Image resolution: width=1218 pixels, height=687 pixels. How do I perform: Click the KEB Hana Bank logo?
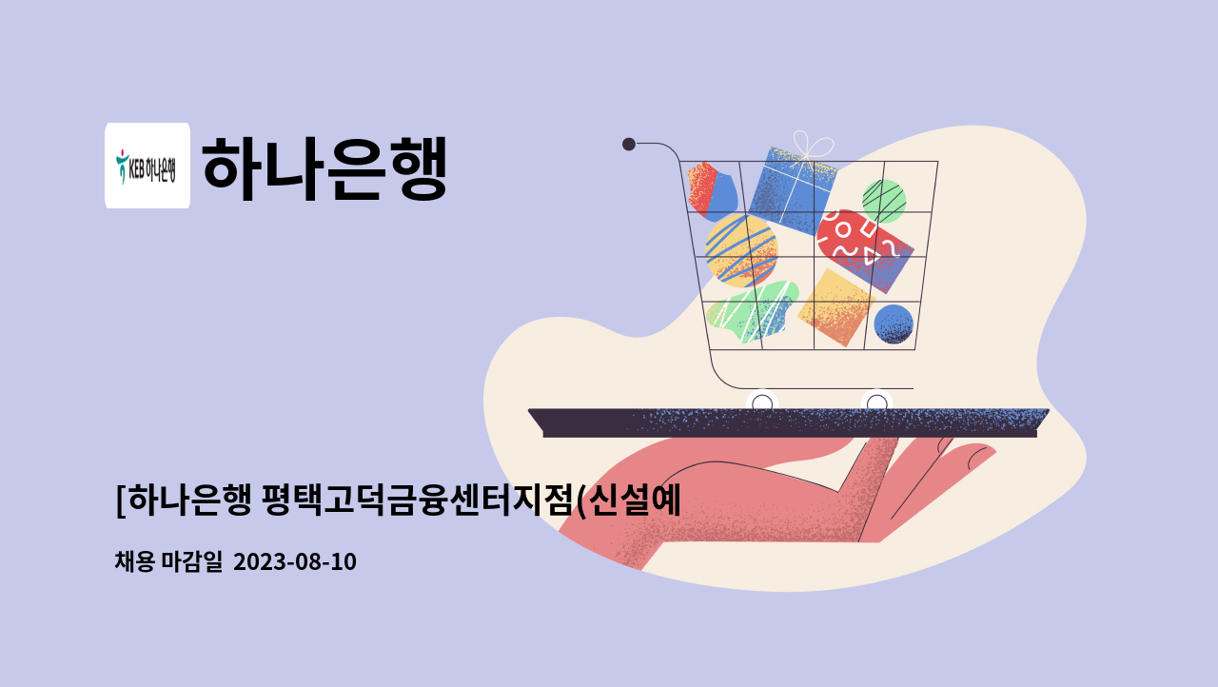(x=147, y=166)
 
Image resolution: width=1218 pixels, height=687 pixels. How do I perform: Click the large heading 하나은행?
(x=324, y=167)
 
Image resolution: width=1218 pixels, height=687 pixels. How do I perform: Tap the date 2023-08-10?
(x=294, y=562)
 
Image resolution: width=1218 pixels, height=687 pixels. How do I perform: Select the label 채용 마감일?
(x=167, y=562)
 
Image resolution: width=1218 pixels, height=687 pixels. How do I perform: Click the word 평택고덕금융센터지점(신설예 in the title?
(x=470, y=500)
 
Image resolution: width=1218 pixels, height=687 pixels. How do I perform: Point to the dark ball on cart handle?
(x=629, y=144)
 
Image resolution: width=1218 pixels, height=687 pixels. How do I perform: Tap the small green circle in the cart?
(x=883, y=200)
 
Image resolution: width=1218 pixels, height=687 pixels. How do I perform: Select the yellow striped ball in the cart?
(x=741, y=249)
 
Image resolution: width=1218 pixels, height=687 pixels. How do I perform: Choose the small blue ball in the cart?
(x=894, y=324)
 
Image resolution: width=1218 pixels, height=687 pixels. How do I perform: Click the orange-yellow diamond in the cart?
(x=835, y=306)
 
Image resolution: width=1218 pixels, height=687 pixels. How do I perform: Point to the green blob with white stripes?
(x=753, y=311)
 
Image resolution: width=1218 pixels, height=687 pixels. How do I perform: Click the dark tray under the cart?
(x=789, y=422)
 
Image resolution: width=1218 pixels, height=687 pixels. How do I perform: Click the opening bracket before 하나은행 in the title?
(x=120, y=500)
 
